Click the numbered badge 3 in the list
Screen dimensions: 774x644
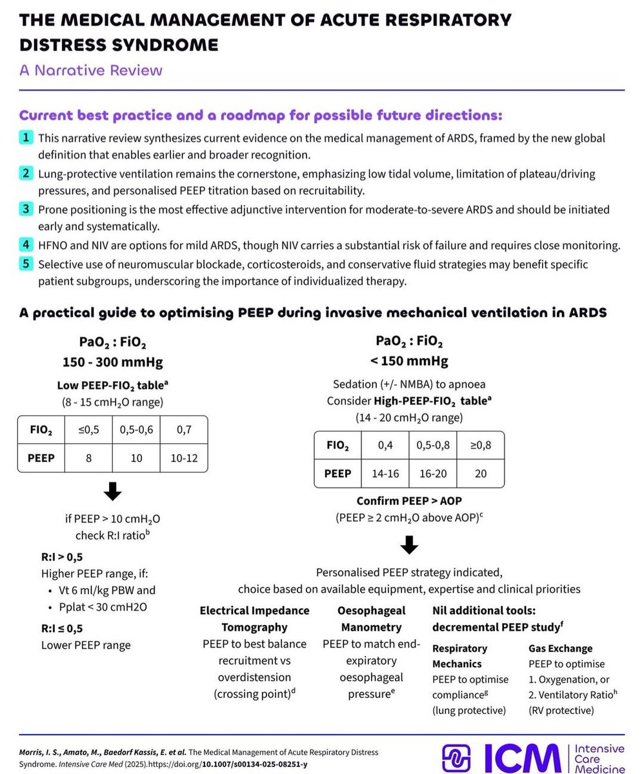(x=26, y=209)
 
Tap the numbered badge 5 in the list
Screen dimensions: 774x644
(x=26, y=264)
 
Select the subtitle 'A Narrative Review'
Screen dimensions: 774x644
(x=90, y=70)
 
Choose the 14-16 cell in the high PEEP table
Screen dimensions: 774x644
(x=385, y=473)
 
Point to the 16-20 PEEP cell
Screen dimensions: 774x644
(x=432, y=473)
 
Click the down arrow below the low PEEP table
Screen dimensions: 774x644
(x=112, y=493)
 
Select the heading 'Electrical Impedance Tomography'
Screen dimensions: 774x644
(x=254, y=619)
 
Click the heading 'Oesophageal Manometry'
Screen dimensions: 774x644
(x=371, y=619)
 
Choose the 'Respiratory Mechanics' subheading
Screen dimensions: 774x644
(x=460, y=655)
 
